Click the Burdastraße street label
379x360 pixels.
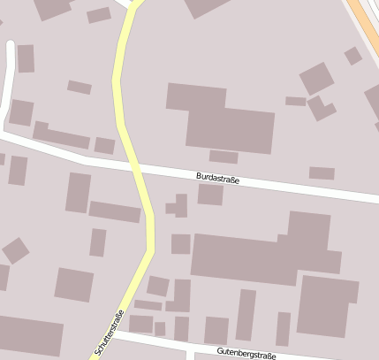(217, 179)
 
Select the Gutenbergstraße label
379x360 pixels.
(246, 355)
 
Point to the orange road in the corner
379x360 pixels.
(367, 22)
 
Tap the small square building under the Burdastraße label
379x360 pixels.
(210, 195)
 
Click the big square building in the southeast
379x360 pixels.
(327, 306)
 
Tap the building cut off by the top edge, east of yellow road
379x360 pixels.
(205, 7)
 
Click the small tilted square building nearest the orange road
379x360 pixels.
(352, 56)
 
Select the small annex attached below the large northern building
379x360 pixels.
(224, 157)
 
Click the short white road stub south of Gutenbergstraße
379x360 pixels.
(189, 355)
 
